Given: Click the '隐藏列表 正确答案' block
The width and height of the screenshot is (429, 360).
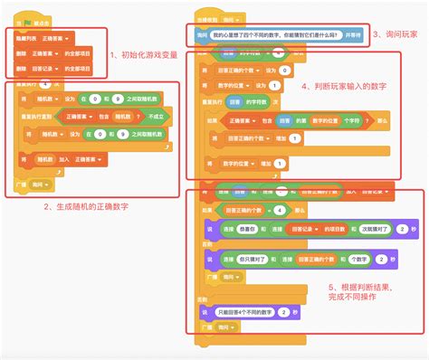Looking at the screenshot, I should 45,37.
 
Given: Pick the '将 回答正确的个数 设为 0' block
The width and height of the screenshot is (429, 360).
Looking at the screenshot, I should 245,69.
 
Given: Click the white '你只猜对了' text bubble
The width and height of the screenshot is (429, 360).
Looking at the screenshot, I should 245,258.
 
